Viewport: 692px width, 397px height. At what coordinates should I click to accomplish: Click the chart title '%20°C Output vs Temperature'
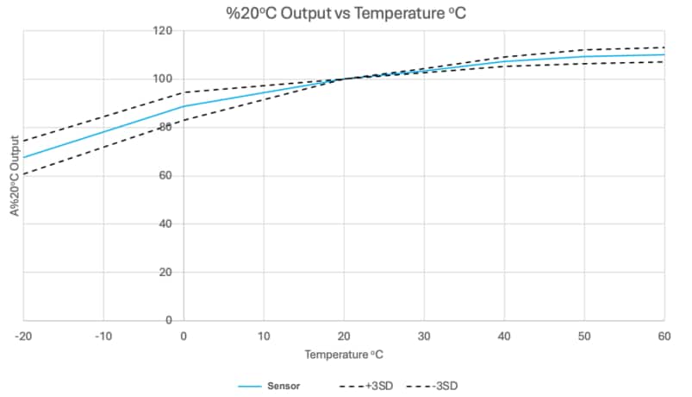point(346,12)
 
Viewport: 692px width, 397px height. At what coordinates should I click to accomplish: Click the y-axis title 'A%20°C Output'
point(15,176)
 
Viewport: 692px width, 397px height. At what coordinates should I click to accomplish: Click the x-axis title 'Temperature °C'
point(343,355)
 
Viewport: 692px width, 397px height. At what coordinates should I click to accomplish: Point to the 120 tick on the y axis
point(164,31)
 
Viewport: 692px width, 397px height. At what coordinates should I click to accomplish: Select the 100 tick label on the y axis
point(164,79)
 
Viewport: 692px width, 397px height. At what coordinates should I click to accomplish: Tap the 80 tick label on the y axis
point(166,128)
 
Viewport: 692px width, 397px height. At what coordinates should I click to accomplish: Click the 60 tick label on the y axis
point(166,176)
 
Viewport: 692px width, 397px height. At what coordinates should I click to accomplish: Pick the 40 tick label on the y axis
point(166,224)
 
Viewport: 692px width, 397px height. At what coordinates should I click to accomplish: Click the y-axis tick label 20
point(166,273)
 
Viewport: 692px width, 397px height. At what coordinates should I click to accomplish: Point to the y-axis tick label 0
point(169,320)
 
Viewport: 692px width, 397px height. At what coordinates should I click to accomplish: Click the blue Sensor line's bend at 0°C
point(184,106)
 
